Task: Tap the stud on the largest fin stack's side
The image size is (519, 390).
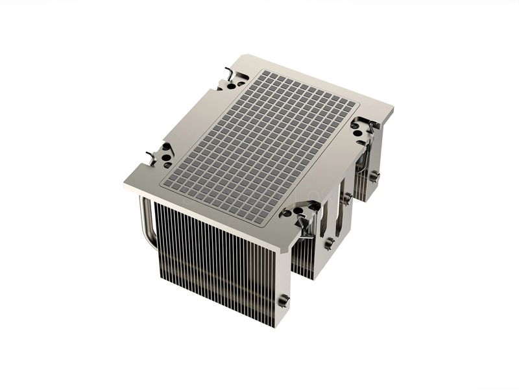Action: (x=284, y=300)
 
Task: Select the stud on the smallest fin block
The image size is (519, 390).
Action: (x=374, y=175)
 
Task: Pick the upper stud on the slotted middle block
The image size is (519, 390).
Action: (x=347, y=197)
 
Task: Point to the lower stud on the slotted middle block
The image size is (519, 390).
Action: (x=329, y=243)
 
